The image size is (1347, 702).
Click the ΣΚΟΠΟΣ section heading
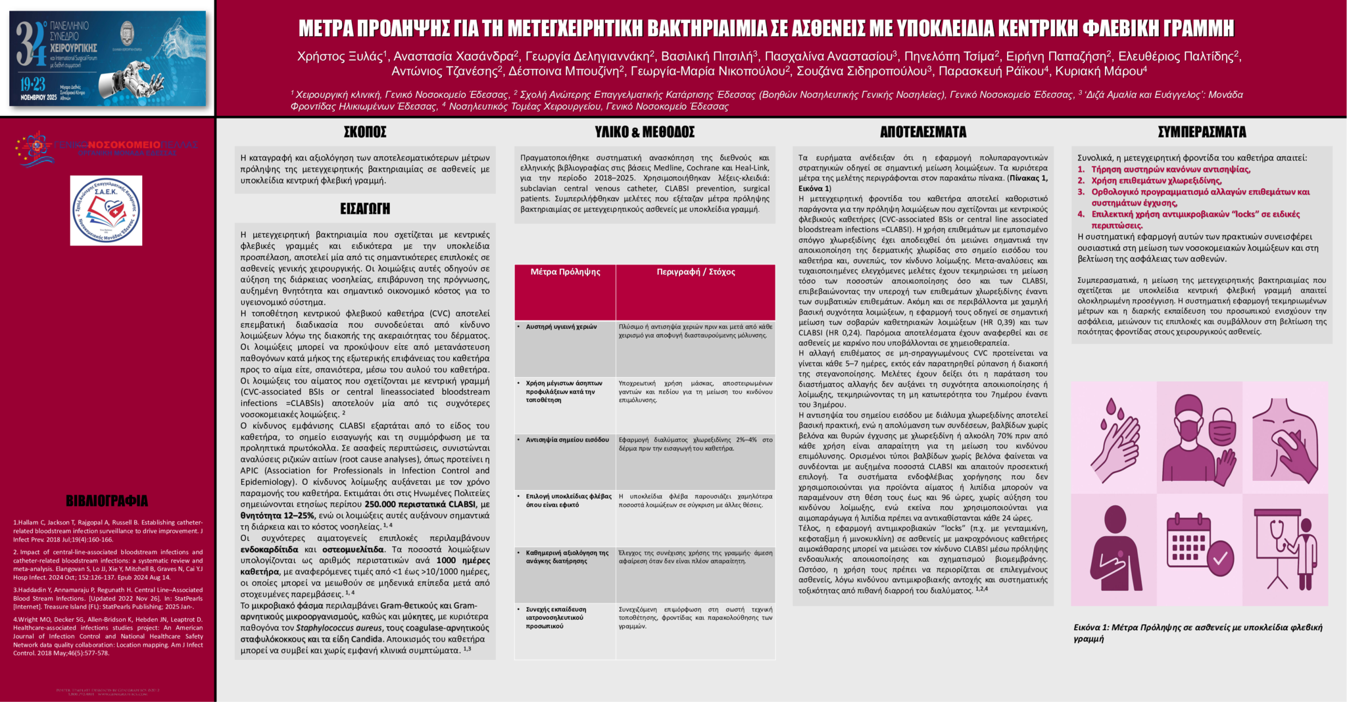click(365, 132)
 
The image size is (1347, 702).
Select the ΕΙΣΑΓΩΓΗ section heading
click(365, 209)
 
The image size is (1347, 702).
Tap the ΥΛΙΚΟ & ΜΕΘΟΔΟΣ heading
click(645, 132)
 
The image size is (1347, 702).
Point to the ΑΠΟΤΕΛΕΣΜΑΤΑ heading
click(923, 132)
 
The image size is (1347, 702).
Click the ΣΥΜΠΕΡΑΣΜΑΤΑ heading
click(1202, 132)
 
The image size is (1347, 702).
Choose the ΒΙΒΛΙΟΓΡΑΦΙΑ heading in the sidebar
click(107, 501)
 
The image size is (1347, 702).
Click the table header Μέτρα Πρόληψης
click(565, 272)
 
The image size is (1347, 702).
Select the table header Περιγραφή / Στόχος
click(695, 272)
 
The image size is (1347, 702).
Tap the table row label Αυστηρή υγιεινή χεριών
click(561, 327)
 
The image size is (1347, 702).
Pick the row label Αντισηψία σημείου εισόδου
click(567, 440)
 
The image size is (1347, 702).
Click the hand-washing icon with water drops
click(1114, 436)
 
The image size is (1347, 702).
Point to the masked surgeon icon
click(1199, 436)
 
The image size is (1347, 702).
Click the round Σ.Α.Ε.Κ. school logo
click(106, 211)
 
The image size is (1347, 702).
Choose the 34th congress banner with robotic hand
click(107, 59)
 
